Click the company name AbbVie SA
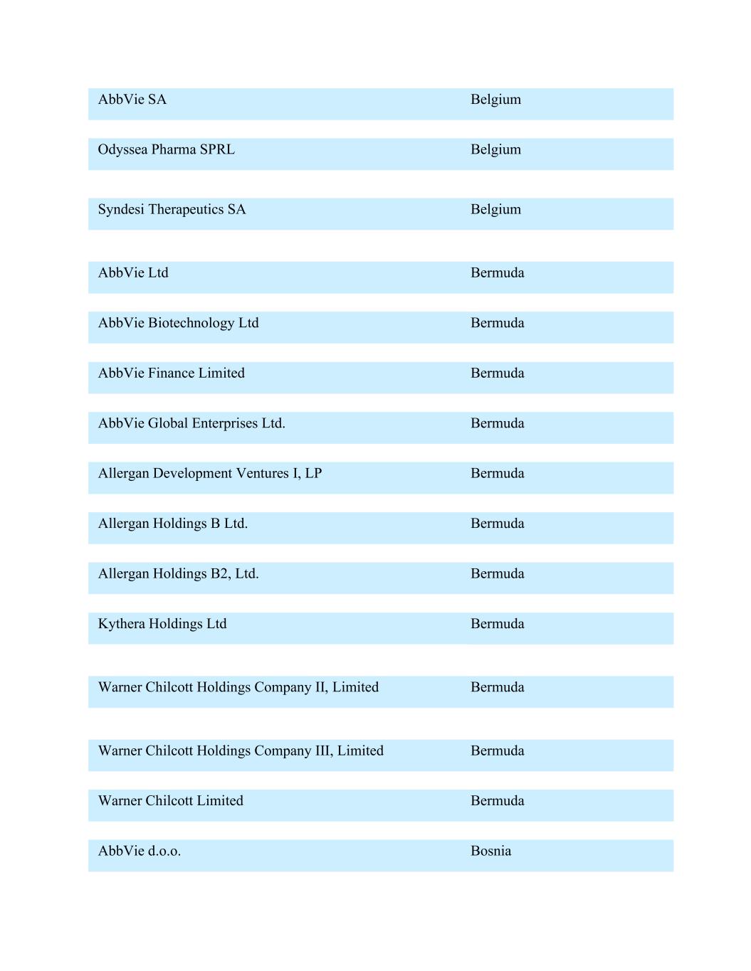132,100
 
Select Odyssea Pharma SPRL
166,149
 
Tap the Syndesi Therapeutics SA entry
172,209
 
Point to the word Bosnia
490,851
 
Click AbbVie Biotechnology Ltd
178,323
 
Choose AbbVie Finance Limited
171,373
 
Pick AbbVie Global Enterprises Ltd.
191,423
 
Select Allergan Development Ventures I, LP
210,473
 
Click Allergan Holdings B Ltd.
173,524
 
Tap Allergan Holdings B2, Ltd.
178,573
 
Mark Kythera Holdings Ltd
162,624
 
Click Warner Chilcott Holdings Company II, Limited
238,687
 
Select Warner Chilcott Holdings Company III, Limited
241,750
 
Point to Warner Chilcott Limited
171,800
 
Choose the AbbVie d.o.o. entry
140,851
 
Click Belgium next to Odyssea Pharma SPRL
495,149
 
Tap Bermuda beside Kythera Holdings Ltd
497,624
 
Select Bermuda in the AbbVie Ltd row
497,272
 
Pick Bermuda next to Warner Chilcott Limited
497,800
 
